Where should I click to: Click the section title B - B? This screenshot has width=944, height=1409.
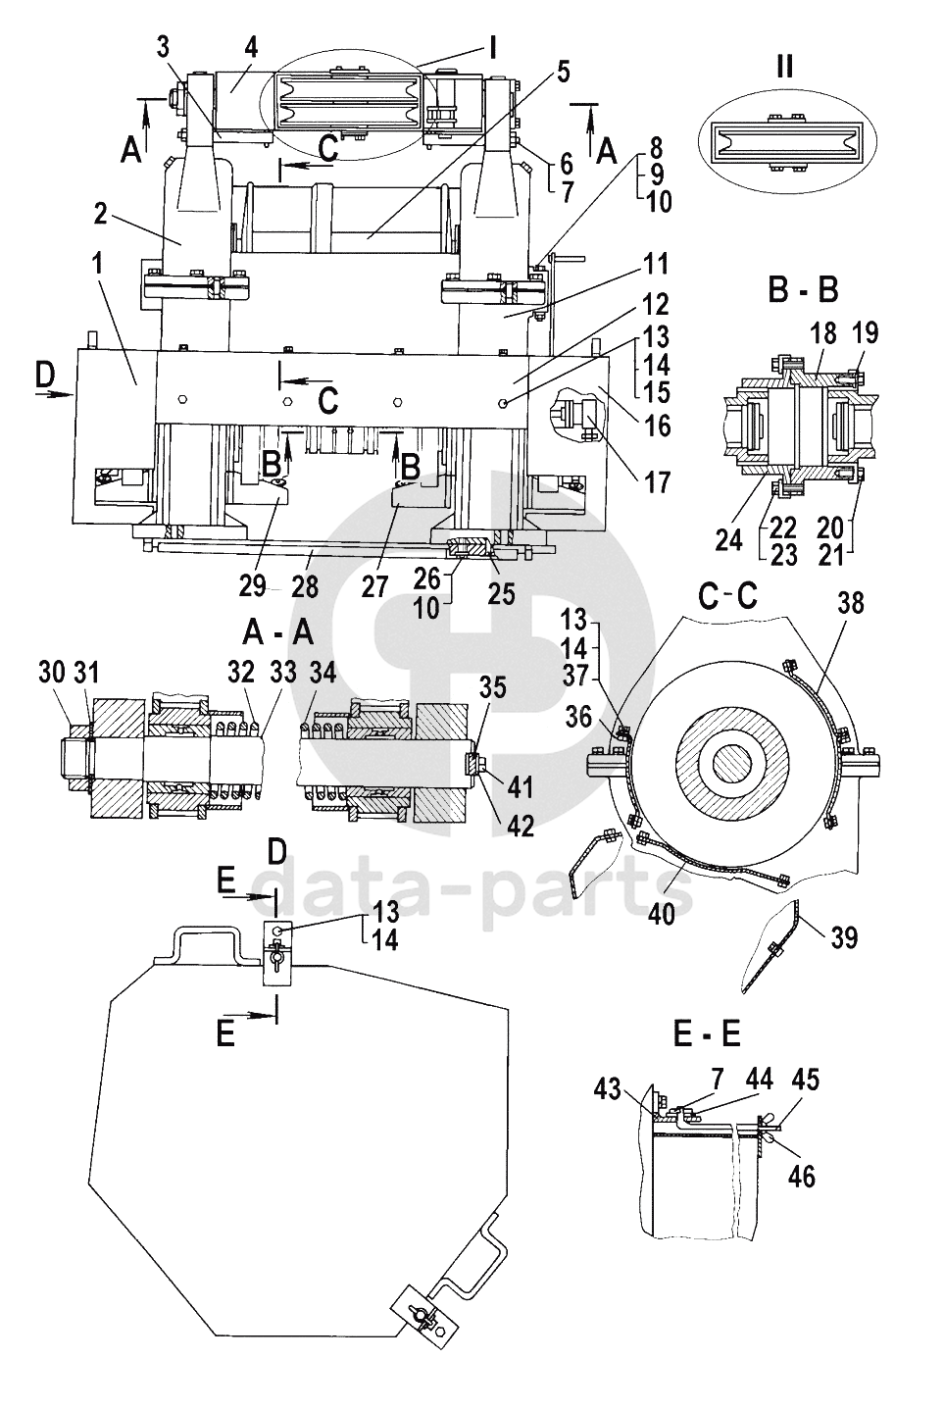(803, 290)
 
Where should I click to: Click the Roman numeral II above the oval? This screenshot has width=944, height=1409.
(784, 66)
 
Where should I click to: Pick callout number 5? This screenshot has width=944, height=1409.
(563, 72)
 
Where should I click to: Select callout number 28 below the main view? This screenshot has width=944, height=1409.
(305, 587)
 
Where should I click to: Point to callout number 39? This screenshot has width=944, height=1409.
(844, 938)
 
